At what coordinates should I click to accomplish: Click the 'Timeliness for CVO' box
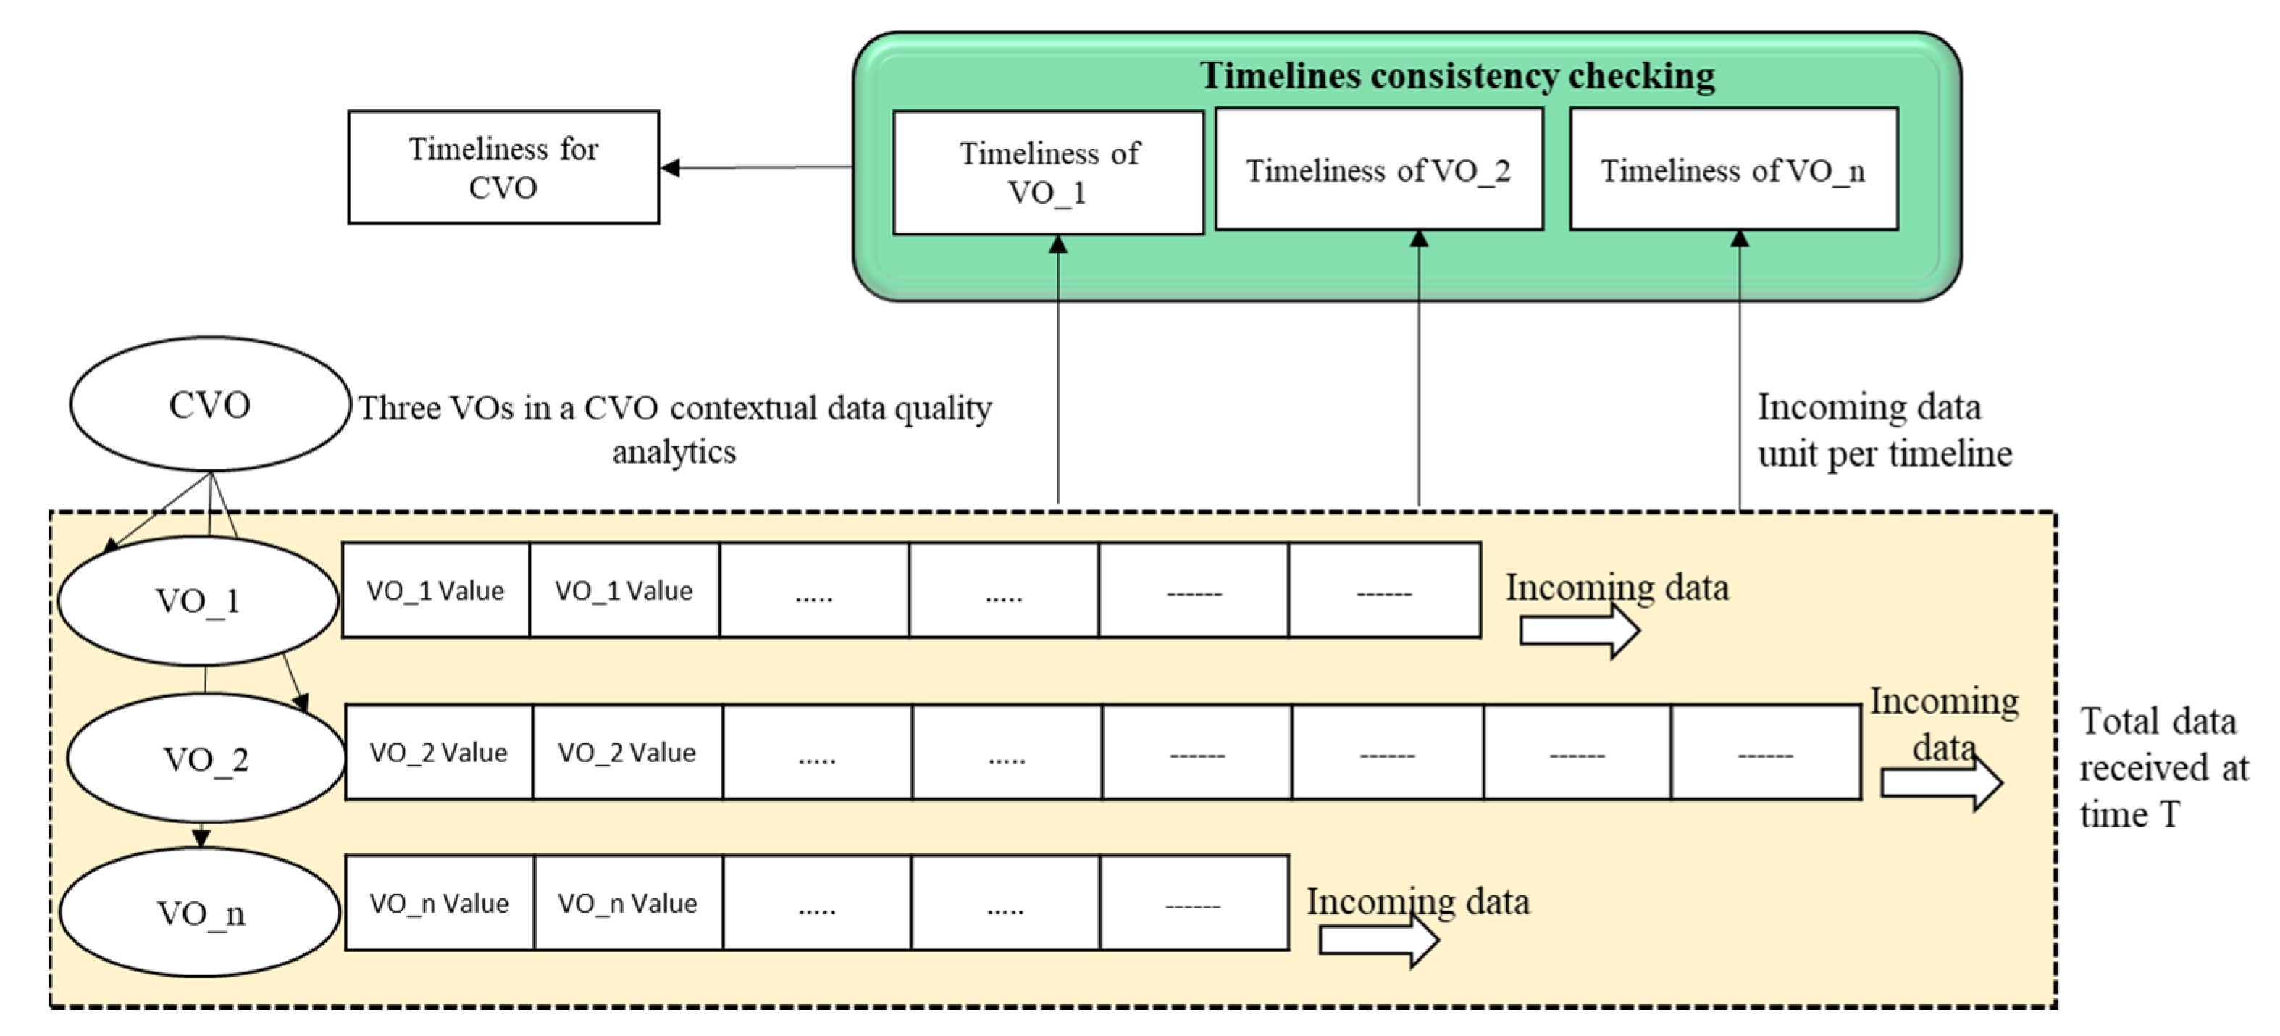tap(503, 167)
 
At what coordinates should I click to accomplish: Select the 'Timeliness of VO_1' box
tap(1048, 172)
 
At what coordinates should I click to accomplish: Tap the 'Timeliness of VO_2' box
tap(1378, 170)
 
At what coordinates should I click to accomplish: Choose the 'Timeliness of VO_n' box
tap(1733, 170)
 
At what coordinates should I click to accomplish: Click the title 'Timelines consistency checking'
tap(1457, 76)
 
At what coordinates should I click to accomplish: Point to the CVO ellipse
tap(210, 405)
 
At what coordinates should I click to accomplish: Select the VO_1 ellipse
tap(198, 601)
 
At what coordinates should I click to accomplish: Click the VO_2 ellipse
tap(206, 759)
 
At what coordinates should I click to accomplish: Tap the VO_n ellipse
tap(200, 913)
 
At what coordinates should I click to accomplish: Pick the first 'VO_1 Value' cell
tap(435, 590)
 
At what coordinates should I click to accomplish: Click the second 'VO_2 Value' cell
tap(626, 753)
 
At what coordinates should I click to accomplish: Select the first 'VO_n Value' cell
tap(439, 903)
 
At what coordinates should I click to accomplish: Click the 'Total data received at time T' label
tap(2161, 768)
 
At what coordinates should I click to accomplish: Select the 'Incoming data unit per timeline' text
tap(1884, 430)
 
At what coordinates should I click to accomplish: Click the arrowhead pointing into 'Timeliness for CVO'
tap(670, 167)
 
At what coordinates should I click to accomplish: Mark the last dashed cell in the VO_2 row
tap(1765, 753)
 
